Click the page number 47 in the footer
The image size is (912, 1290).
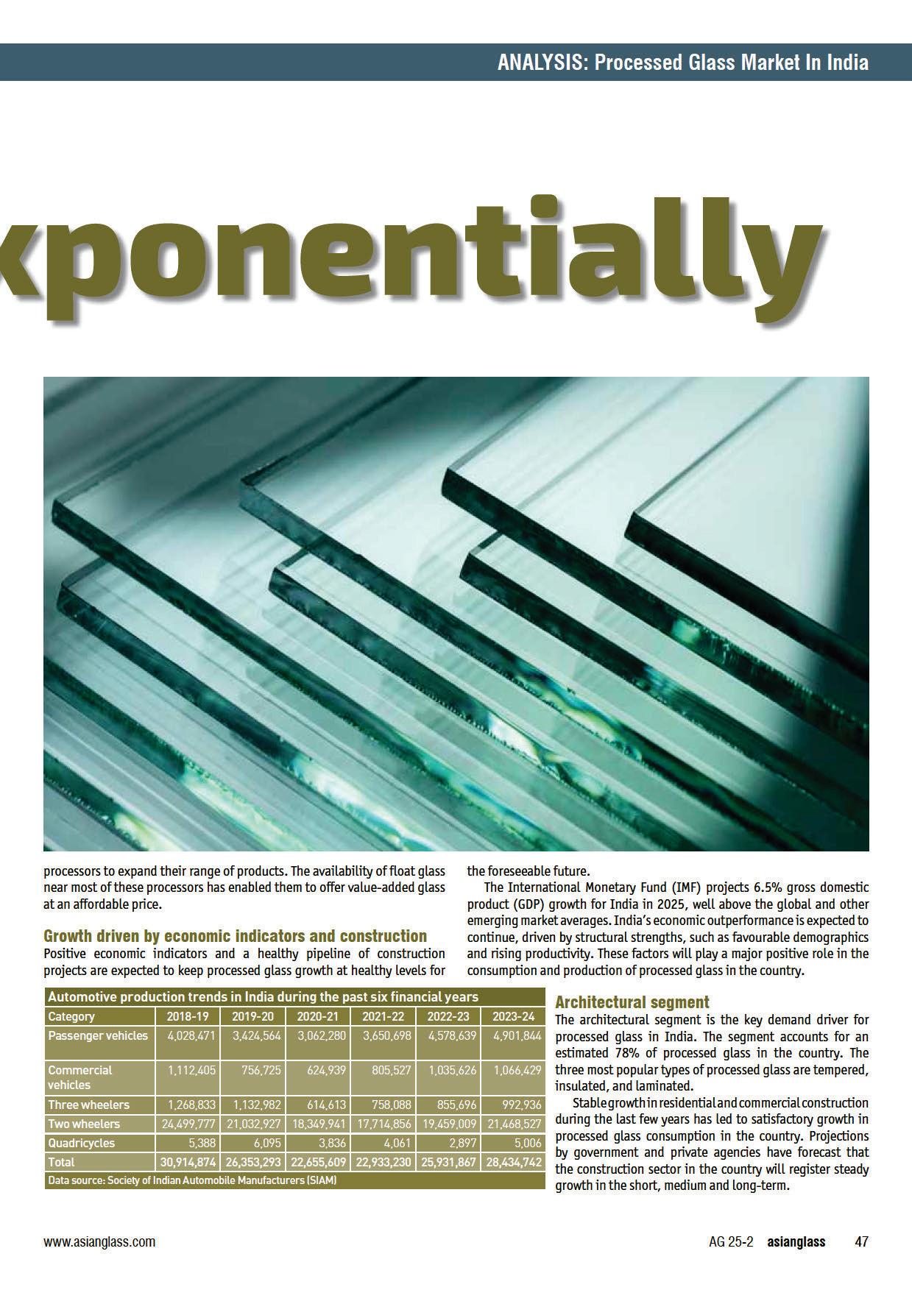[860, 1241]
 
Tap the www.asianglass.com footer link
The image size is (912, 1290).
[99, 1241]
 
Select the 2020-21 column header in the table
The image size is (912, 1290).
[318, 1016]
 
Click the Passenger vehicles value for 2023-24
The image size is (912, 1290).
[515, 1035]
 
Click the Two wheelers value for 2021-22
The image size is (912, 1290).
[383, 1124]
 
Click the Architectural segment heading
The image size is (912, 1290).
[632, 1002]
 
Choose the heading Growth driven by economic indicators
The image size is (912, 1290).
[235, 936]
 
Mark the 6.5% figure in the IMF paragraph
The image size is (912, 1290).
[768, 887]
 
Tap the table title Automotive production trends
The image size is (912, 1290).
[263, 997]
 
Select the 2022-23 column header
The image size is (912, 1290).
[448, 1016]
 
